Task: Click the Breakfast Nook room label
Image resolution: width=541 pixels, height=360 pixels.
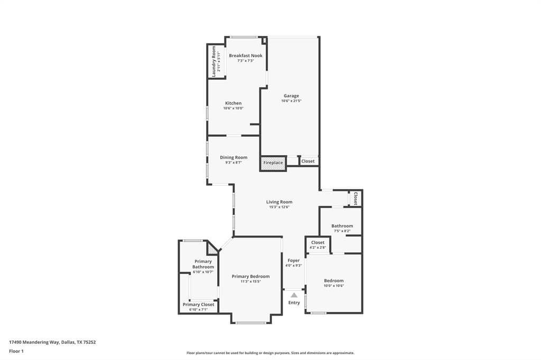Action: pos(245,55)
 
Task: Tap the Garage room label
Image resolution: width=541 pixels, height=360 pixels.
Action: pos(291,96)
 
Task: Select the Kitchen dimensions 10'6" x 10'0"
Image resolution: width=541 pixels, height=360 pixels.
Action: pos(233,108)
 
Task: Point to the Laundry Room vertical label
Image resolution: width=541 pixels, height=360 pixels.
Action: pos(214,61)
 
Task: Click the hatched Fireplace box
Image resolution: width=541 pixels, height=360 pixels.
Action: pos(273,163)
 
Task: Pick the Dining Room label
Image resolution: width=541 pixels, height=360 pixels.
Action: pos(234,157)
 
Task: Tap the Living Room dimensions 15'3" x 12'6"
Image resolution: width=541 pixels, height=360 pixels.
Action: pos(279,207)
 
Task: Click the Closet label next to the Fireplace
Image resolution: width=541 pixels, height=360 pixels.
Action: pos(308,161)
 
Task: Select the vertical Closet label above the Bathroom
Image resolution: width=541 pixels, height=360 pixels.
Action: pos(356,198)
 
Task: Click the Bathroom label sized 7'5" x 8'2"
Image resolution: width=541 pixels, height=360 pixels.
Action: pos(342,226)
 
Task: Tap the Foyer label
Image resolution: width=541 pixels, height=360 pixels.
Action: pos(294,260)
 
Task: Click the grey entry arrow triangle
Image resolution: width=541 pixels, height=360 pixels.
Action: pos(294,295)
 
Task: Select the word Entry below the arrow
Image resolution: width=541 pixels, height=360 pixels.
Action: pos(294,302)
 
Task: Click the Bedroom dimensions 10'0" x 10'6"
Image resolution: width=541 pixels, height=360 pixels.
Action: pos(333,286)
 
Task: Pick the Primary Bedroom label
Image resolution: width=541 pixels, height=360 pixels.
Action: pos(250,276)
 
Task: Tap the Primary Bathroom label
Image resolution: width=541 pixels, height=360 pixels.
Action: pos(203,264)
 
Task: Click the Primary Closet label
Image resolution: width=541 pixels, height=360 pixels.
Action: pos(199,305)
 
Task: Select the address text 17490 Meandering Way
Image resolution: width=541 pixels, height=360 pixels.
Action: pos(35,342)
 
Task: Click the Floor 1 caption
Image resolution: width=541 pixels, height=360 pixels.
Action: pos(16,351)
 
